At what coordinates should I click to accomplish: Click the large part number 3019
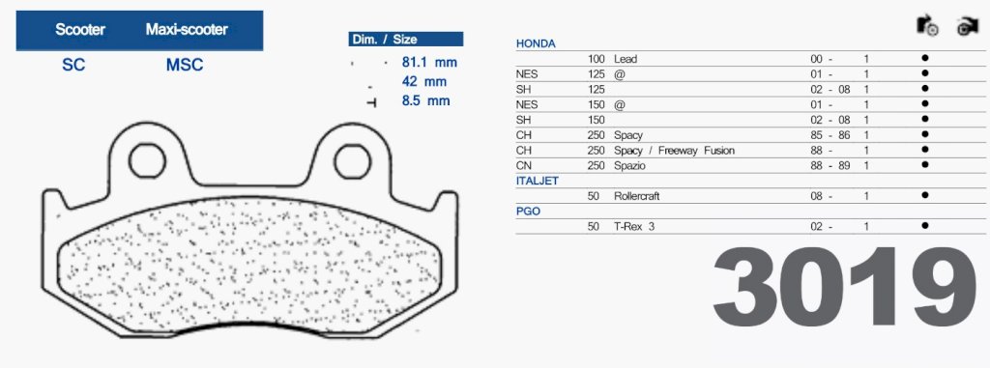tap(845, 287)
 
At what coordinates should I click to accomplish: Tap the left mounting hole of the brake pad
tap(147, 160)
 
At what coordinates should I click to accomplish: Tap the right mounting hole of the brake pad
tap(352, 161)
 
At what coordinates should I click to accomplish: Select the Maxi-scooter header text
tap(187, 29)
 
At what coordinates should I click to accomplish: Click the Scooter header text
tap(80, 29)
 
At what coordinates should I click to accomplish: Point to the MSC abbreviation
tap(185, 65)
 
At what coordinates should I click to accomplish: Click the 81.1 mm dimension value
tap(428, 63)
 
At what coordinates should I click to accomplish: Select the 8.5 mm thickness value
tap(425, 100)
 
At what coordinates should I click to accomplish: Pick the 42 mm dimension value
tap(423, 81)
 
